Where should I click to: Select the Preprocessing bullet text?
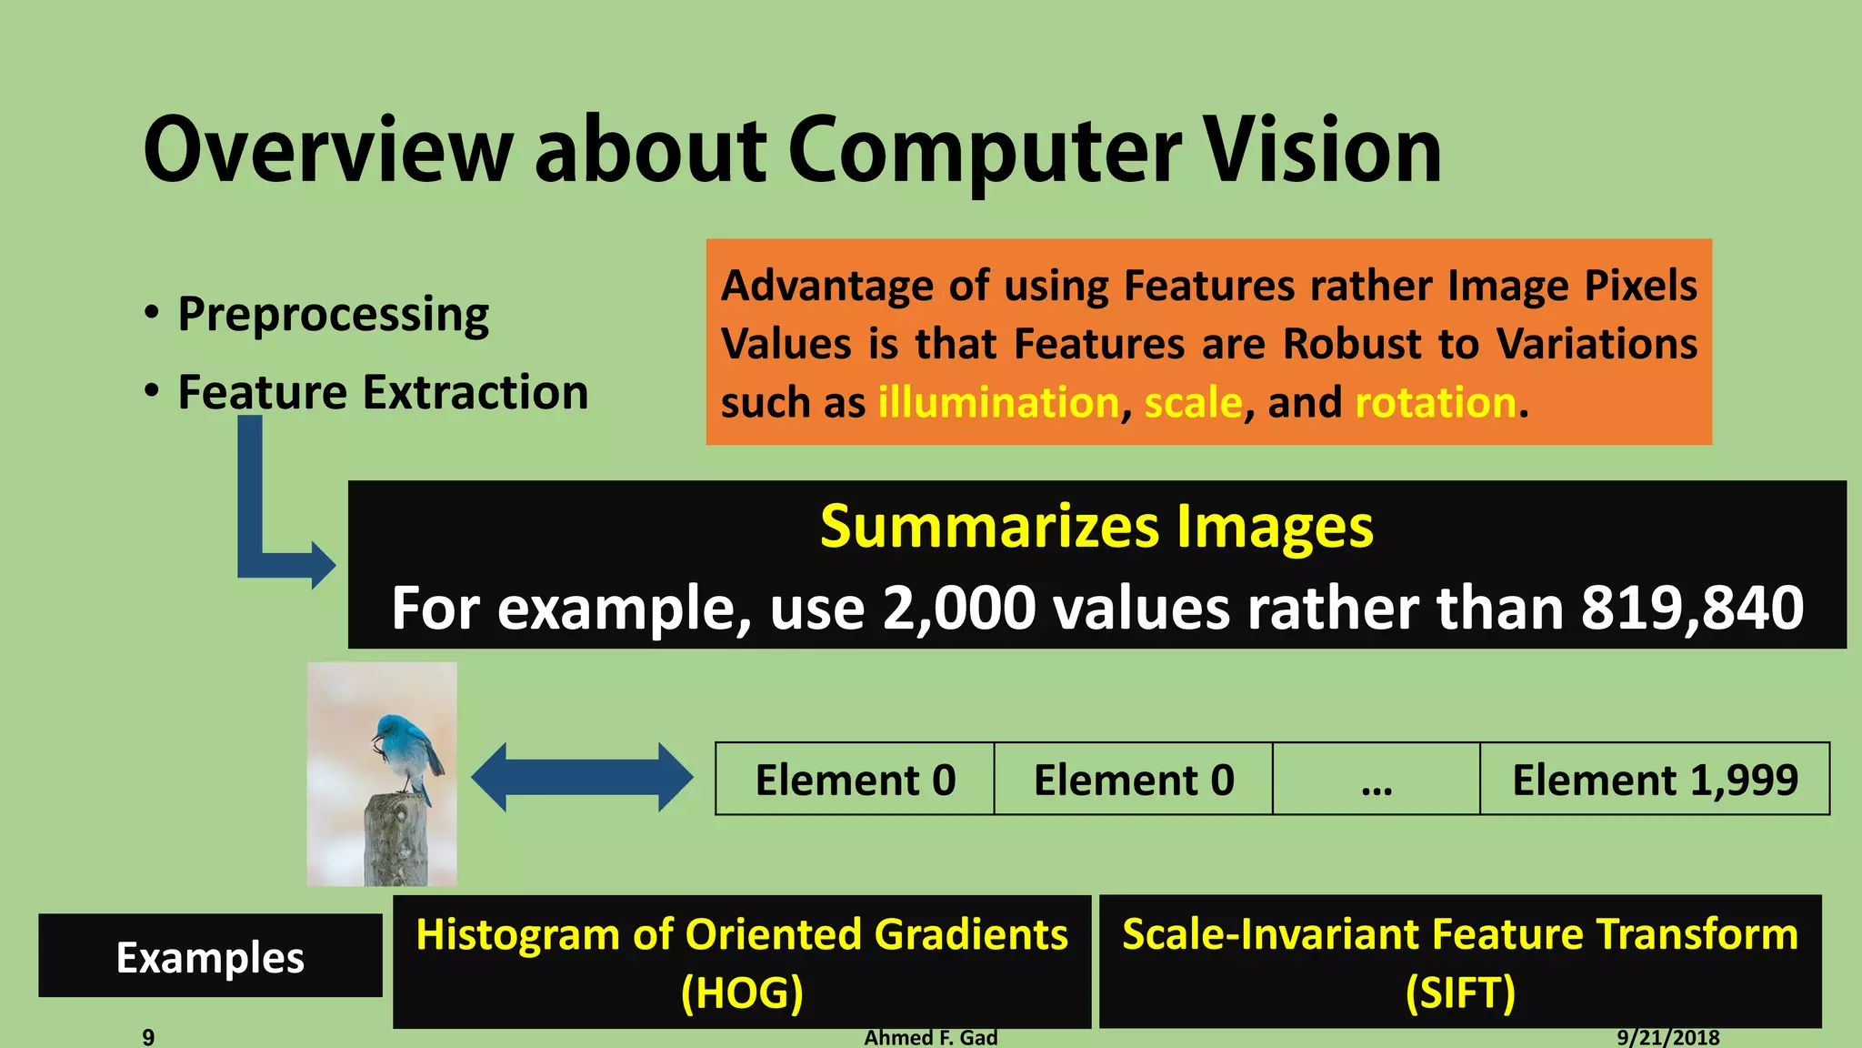[333, 315]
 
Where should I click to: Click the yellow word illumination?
[997, 402]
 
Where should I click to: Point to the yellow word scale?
[1192, 402]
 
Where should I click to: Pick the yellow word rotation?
[1435, 402]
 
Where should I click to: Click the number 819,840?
[1691, 608]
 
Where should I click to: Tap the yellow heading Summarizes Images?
[1096, 527]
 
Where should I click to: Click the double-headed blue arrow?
[582, 778]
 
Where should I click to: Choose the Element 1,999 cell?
[1654, 780]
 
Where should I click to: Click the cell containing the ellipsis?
[1376, 780]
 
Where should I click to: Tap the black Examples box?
[210, 956]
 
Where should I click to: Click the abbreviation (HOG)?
[741, 993]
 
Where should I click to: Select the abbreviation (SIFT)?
[1459, 993]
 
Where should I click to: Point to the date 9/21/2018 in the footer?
[1667, 1037]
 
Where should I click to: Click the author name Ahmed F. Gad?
[930, 1037]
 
